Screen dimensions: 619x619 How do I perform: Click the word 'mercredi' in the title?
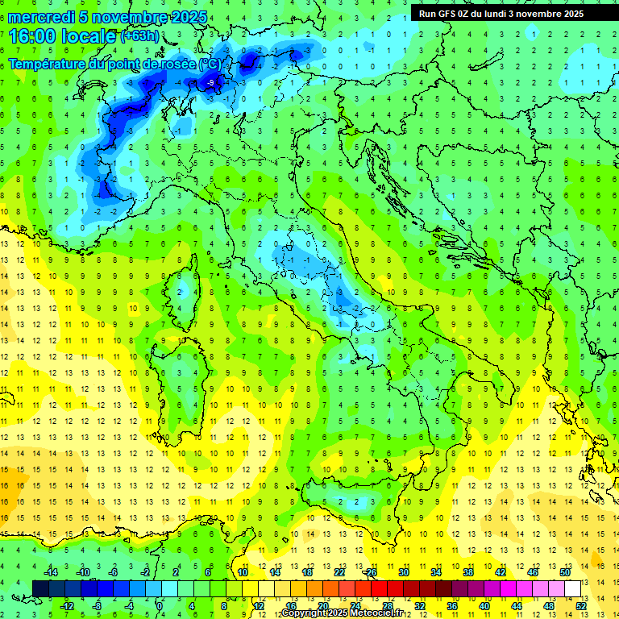(x=43, y=17)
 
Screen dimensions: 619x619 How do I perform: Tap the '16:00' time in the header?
(x=31, y=35)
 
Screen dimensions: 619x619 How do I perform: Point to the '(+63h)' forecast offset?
(x=139, y=36)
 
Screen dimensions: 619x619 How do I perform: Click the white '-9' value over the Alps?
(x=210, y=83)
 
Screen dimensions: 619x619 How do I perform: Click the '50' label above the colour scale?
(x=564, y=572)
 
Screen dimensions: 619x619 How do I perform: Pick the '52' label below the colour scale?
(x=580, y=606)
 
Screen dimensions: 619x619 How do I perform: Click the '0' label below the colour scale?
(x=160, y=606)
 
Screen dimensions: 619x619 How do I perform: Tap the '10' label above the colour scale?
(x=242, y=572)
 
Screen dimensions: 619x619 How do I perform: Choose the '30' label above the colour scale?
(x=403, y=572)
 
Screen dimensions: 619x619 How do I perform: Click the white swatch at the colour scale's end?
(x=573, y=588)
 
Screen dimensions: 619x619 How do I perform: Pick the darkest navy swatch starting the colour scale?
(x=40, y=588)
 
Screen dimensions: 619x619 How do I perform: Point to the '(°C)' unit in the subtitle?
(x=210, y=64)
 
